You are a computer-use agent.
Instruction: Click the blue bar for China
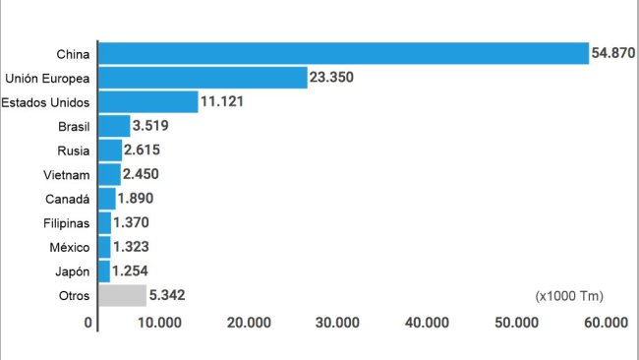pos(342,53)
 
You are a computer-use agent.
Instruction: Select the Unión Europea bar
pos(203,78)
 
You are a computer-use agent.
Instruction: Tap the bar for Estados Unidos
pos(147,101)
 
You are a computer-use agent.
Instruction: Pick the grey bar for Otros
pos(122,295)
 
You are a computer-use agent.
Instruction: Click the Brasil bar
pos(114,126)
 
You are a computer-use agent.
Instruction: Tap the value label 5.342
pos(168,295)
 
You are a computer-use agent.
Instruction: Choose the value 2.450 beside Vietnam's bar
pos(142,174)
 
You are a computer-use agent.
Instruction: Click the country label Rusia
pos(74,150)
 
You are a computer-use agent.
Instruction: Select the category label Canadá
pos(71,199)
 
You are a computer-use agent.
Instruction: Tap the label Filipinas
pos(68,223)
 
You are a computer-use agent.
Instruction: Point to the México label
pos(71,247)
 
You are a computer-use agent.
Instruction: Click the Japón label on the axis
pos(73,270)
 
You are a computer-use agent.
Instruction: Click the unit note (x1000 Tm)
pos(569,295)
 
